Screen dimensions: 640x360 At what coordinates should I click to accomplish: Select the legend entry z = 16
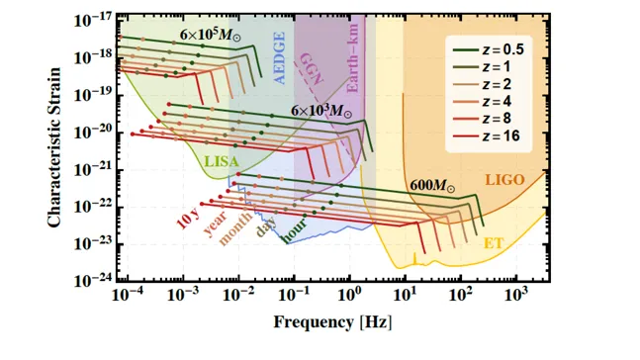486,135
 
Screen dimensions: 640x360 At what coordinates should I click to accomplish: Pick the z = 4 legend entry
482,101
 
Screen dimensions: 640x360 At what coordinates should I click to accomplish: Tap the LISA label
222,161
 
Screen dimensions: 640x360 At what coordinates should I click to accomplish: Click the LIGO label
504,180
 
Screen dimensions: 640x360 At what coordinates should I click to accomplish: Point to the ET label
493,243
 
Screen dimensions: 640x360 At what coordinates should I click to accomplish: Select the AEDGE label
279,58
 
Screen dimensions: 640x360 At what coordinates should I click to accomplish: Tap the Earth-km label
352,58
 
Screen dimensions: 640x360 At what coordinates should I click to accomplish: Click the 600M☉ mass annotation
432,186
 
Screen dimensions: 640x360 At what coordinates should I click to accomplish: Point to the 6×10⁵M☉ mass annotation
211,35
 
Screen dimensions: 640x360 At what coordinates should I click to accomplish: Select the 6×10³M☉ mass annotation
321,110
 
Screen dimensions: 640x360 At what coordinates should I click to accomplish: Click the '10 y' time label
188,220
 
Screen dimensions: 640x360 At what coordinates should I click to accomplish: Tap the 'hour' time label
294,231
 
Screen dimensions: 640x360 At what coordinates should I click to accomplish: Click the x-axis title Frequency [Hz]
332,322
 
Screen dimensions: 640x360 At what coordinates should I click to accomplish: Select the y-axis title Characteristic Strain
53,147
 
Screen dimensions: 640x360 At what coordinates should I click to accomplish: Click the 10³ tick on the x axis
516,294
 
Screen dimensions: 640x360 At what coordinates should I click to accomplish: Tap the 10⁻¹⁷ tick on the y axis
93,19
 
